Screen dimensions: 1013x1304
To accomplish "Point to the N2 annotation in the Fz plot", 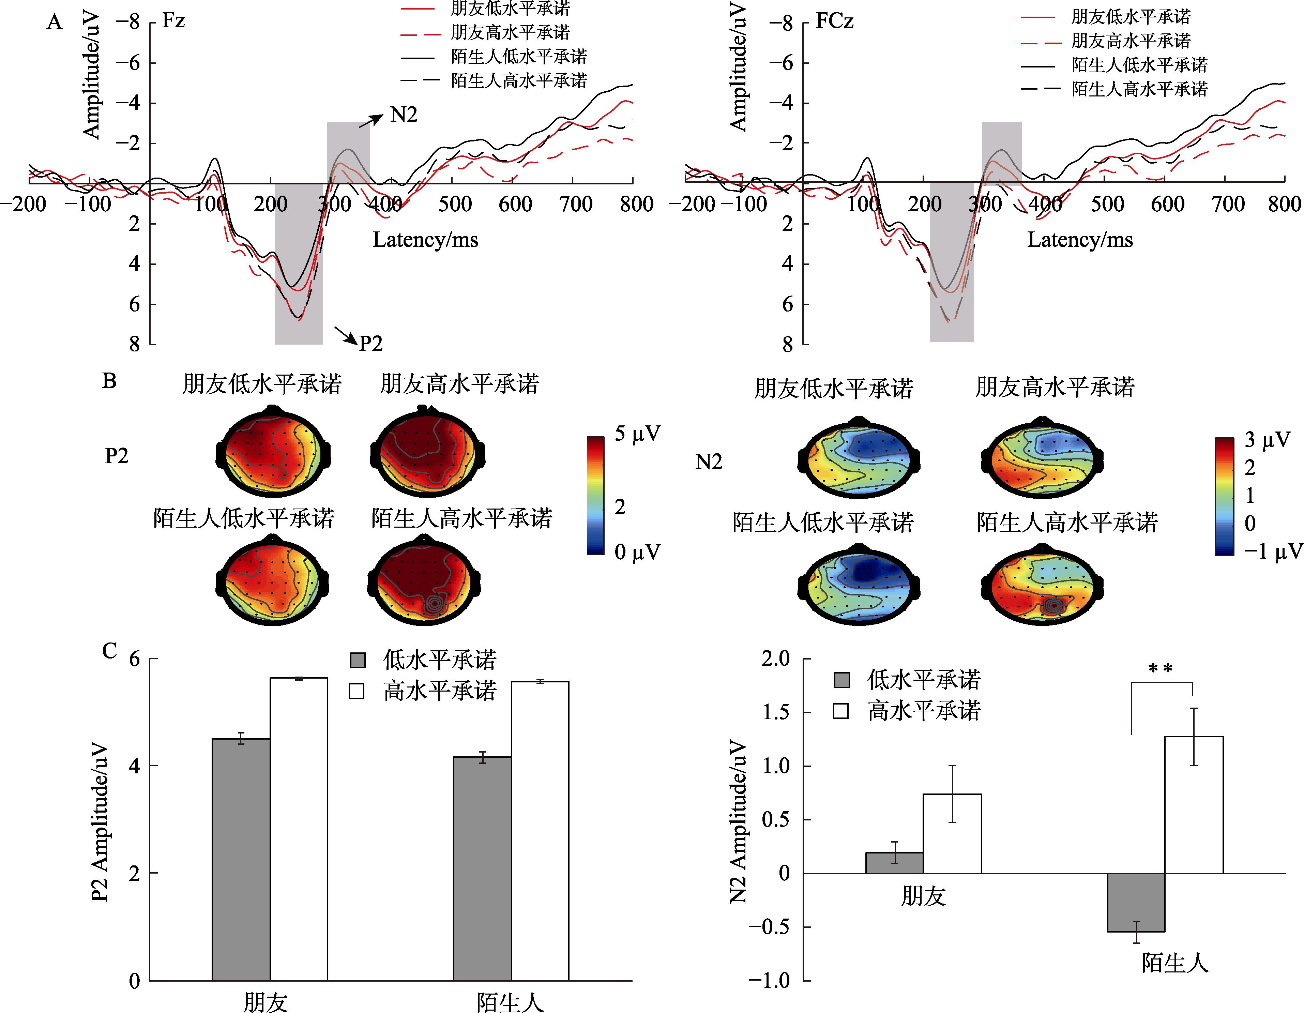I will (404, 114).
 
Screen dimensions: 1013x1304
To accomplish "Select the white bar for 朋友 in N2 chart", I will (952, 833).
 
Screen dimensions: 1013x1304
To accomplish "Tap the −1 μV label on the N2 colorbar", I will (1272, 551).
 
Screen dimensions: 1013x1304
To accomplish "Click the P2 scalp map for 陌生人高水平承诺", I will (424, 582).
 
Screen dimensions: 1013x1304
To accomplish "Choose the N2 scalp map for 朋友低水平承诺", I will (859, 458).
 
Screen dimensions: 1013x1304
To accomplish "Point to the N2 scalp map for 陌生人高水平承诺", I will (1042, 585).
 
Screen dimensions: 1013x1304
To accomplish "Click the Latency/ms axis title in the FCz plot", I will (1079, 240).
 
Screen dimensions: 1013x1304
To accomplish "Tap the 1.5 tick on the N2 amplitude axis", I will (776, 712).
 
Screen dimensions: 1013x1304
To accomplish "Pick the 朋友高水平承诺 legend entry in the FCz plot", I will (1130, 41).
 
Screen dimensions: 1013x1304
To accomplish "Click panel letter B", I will (109, 381).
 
